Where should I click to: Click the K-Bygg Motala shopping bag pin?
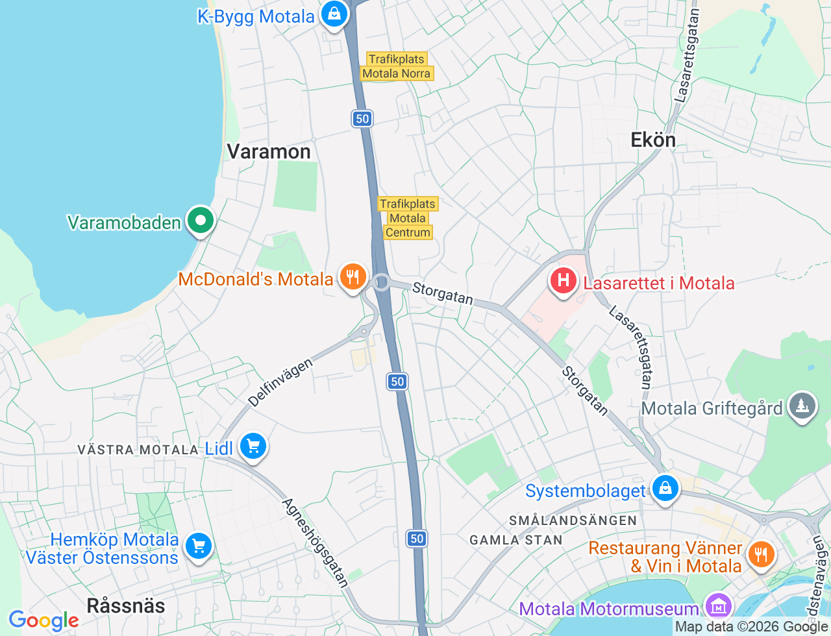tap(334, 14)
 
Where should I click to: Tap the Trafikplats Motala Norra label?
tap(397, 66)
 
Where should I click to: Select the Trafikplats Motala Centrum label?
tap(408, 218)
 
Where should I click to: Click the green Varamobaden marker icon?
tap(201, 221)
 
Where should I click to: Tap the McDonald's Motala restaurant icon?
tap(353, 277)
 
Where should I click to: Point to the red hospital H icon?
tap(563, 281)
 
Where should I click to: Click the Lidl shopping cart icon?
tap(253, 446)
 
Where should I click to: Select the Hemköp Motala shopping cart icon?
tap(198, 546)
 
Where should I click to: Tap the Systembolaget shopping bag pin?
tap(665, 488)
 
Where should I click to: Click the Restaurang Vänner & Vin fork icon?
tap(760, 555)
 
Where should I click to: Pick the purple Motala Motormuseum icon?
tap(718, 607)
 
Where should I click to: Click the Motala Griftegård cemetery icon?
tap(802, 406)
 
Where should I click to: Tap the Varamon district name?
tap(269, 152)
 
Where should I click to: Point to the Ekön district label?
tap(653, 140)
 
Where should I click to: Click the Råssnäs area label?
tap(126, 605)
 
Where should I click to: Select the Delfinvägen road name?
tap(280, 382)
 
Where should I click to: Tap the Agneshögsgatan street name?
tap(316, 543)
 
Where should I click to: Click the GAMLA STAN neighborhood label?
tap(515, 540)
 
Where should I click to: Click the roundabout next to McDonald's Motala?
tap(382, 282)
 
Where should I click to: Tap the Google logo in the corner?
tap(43, 620)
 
